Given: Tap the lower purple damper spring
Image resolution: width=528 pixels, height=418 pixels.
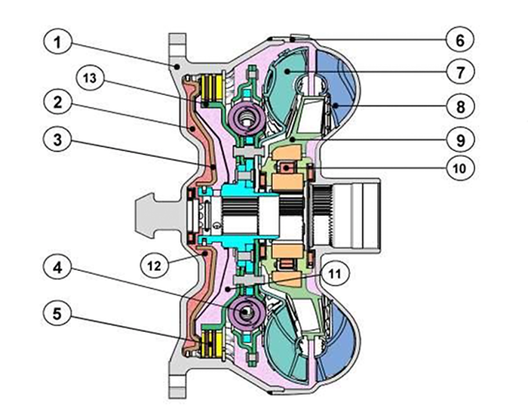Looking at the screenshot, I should (246, 312).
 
